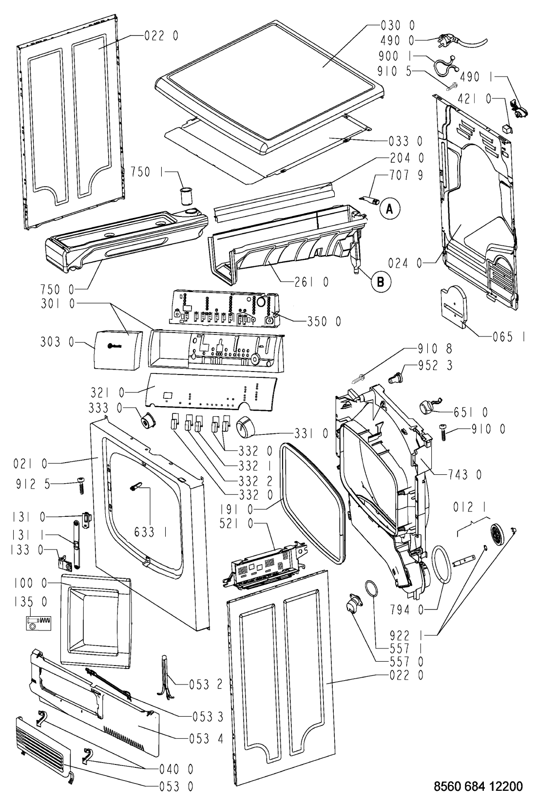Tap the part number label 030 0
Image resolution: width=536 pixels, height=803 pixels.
coord(398,25)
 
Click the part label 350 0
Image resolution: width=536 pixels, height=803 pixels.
coord(324,321)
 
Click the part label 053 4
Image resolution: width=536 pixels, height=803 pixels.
coord(206,738)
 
